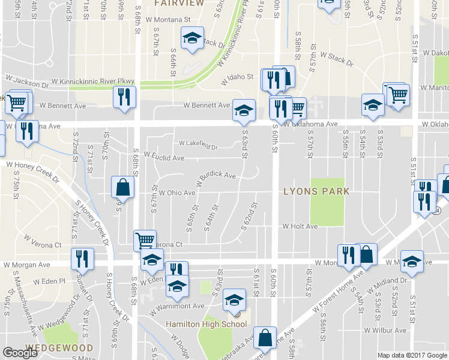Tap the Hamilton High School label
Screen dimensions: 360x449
coord(206,325)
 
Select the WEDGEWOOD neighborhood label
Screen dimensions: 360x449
coord(59,348)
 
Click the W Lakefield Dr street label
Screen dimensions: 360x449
coord(198,144)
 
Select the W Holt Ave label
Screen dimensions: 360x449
coord(300,227)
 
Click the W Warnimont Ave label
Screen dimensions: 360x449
coord(178,306)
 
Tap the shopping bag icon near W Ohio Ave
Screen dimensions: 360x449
coord(122,187)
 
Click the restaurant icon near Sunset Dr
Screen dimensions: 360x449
coord(82,258)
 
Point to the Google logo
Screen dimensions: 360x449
coord(20,353)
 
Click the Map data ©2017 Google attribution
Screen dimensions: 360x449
coord(412,355)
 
